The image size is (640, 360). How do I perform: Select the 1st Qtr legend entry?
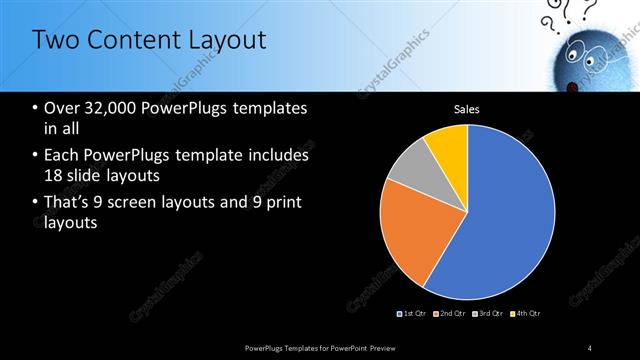click(414, 314)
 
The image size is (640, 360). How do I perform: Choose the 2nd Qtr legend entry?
click(451, 314)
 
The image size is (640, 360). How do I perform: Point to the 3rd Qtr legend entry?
click(488, 314)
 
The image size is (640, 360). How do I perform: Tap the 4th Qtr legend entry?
click(525, 314)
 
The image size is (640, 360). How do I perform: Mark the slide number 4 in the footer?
click(590, 347)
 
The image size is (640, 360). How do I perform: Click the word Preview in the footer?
click(393, 347)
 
